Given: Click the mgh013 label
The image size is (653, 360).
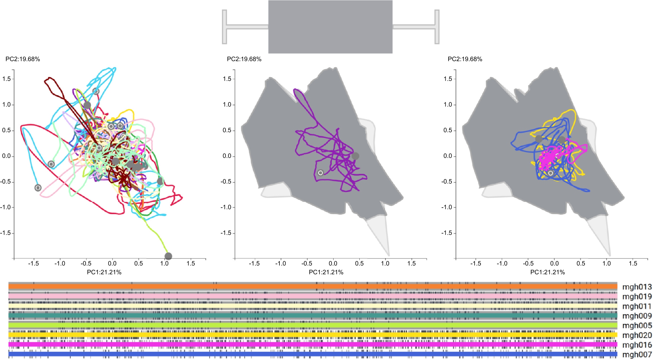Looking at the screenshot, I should pos(637,287).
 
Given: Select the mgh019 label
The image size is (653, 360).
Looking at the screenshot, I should pos(637,296).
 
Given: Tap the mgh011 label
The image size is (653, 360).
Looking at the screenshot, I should pos(637,306).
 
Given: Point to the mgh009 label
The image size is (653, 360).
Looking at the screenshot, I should pos(637,316).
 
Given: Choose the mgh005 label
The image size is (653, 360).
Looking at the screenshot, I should pos(637,325).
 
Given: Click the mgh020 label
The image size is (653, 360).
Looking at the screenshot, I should pos(637,335).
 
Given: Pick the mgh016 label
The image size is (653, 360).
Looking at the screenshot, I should pos(637,345).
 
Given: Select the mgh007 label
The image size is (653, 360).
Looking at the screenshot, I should pos(637,354).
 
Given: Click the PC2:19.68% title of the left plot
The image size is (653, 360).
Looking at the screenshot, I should pos(23,59).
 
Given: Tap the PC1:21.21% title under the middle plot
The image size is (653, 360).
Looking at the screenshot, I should pos(326,272).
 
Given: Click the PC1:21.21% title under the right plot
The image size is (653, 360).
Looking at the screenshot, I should pos(547,272).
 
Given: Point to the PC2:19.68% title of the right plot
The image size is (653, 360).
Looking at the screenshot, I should pos(465,59).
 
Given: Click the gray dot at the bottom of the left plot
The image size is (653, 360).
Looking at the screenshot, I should pos(168,256).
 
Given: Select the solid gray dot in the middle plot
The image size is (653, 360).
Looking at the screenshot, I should pos(355,156).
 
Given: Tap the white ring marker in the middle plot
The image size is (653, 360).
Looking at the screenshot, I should pos(320,173).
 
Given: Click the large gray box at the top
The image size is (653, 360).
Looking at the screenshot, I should pos(330,27).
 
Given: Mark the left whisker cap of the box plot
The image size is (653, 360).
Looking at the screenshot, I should pos(224,27).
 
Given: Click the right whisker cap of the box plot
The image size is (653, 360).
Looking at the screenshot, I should pos(437,27).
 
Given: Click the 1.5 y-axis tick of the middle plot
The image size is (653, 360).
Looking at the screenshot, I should pos(227,79).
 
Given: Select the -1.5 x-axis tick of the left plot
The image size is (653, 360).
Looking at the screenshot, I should pos(33,263).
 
